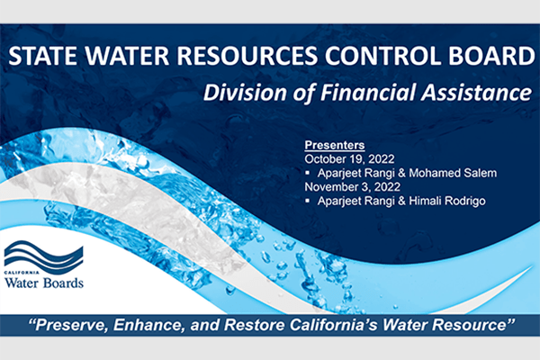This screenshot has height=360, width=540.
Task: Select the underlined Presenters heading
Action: pyautogui.click(x=334, y=144)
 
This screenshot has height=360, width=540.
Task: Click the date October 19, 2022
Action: pyautogui.click(x=350, y=157)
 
